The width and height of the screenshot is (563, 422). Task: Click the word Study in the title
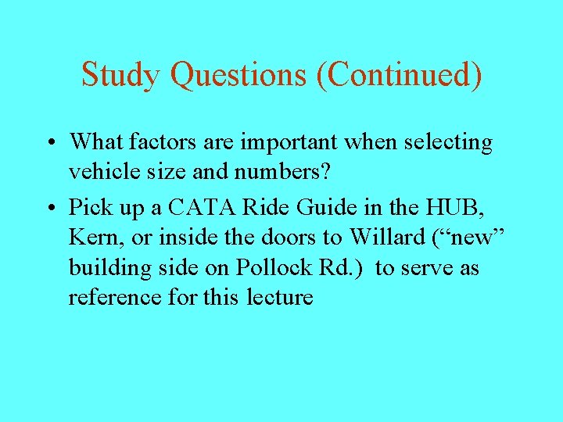(x=122, y=75)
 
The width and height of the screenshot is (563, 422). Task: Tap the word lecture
(x=279, y=298)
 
